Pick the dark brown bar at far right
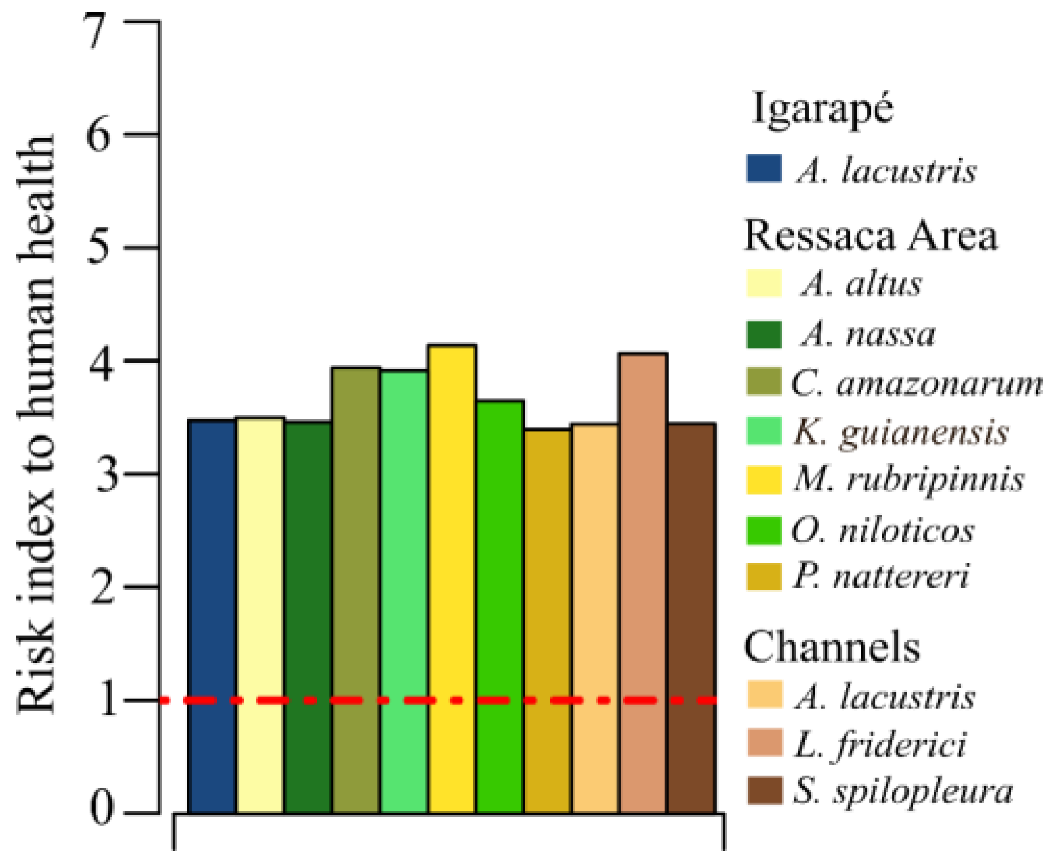point(691,617)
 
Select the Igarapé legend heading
point(823,110)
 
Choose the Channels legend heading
point(832,647)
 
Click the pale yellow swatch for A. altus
point(764,283)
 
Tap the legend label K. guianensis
point(901,431)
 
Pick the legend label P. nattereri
point(882,576)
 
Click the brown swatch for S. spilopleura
point(764,790)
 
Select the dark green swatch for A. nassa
point(764,334)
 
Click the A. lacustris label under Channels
point(885,696)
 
